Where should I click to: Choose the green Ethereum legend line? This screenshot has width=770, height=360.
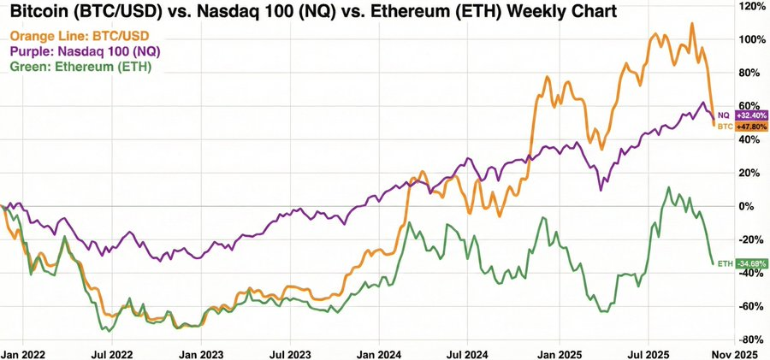80,67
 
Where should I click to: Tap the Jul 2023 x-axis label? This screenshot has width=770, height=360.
288,351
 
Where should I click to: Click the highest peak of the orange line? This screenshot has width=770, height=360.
692,24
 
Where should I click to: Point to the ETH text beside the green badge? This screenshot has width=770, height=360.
724,263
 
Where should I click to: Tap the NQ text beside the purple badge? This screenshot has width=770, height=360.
724,115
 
